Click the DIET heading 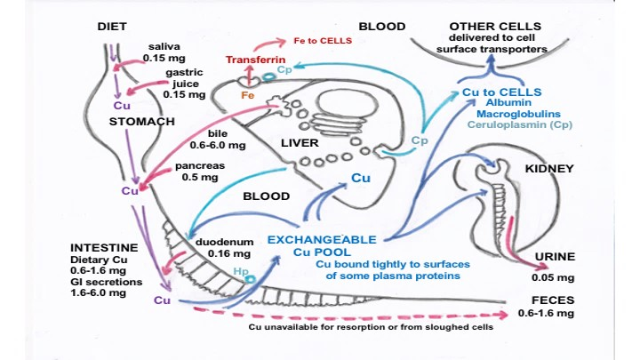point(113,27)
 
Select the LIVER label point(300,142)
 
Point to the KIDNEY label point(549,168)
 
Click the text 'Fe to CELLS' point(323,41)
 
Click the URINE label point(555,257)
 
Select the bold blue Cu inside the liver point(360,178)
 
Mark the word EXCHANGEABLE point(323,240)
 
